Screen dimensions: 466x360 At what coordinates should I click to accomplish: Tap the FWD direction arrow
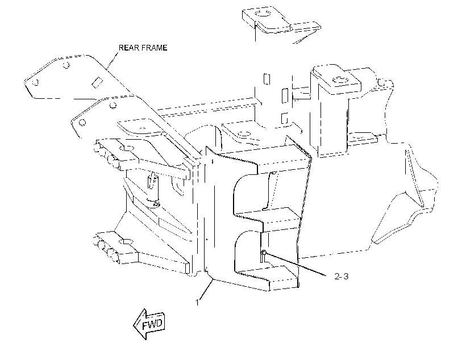[149, 324]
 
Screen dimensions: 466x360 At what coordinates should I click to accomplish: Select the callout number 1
[197, 303]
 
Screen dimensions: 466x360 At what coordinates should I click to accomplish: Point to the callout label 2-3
[342, 276]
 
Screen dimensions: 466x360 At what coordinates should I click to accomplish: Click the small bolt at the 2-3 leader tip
[264, 253]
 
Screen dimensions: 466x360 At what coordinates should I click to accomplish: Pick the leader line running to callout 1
[206, 289]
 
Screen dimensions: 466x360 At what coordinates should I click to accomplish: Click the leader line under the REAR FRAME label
[113, 60]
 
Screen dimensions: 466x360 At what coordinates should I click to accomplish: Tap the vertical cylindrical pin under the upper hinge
[153, 189]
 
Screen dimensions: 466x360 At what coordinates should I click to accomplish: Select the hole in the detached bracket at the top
[263, 14]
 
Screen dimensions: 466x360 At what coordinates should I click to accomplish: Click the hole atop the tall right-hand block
[340, 79]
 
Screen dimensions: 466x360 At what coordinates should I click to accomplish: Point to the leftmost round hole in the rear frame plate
[35, 82]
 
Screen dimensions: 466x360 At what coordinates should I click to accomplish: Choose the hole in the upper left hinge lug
[127, 148]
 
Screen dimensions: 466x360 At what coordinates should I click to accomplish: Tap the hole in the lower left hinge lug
[127, 241]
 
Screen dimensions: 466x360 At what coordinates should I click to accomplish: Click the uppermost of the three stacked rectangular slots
[267, 79]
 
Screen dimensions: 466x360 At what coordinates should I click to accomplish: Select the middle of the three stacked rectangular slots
[285, 95]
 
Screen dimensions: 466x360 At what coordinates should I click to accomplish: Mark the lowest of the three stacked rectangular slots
[284, 118]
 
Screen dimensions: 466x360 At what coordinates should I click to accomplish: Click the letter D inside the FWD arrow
[159, 323]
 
